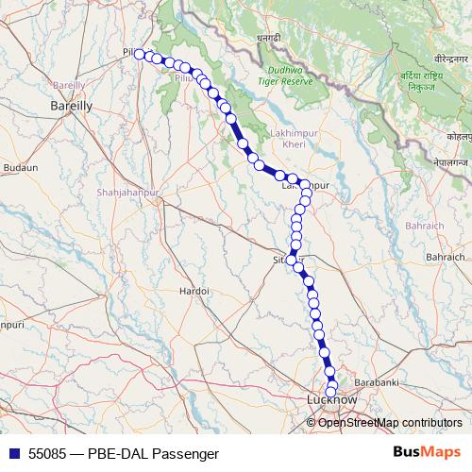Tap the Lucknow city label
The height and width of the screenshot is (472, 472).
331,400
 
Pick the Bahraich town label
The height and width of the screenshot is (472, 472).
447,256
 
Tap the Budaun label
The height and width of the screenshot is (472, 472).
20,167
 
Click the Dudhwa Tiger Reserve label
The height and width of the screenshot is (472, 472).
290,76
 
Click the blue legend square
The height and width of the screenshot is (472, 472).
12,453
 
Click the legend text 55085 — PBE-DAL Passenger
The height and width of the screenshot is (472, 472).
118,453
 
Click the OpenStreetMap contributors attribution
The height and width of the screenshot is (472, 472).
390,422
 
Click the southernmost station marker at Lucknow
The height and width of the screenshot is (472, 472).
331,392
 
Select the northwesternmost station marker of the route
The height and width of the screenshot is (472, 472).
140,55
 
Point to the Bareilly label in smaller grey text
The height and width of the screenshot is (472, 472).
69,85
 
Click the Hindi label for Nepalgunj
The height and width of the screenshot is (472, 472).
451,163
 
